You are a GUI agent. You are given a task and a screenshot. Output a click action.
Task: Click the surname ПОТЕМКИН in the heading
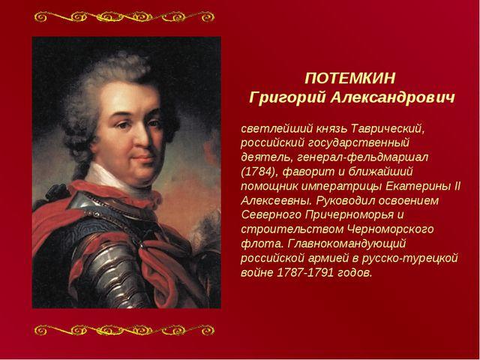(350, 78)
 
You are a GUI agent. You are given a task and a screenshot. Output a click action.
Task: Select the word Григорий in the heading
(286, 98)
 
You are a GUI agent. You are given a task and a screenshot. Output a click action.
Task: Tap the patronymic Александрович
(393, 98)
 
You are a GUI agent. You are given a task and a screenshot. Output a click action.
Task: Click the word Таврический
(388, 129)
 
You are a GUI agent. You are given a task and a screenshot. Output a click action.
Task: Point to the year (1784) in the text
(259, 172)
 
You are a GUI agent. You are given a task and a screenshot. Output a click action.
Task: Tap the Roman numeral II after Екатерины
(457, 186)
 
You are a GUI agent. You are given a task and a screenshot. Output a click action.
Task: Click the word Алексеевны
(277, 201)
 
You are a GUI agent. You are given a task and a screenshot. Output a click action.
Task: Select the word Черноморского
(391, 229)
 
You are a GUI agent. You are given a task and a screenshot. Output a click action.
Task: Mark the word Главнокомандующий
(346, 244)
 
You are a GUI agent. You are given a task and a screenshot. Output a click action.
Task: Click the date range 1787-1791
(305, 272)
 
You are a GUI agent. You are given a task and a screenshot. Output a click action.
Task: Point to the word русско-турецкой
(410, 258)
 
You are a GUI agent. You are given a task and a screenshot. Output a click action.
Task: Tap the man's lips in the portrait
(143, 158)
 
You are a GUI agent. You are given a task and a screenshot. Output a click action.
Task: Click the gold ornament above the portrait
(124, 16)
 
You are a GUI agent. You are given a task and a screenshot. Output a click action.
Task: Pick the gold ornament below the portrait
(124, 330)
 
